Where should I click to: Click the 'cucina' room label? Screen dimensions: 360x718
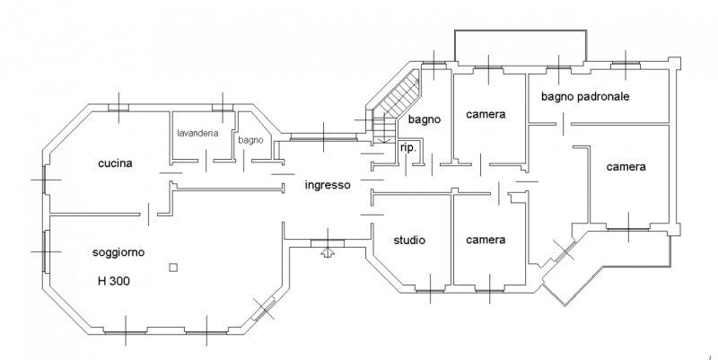click(x=116, y=163)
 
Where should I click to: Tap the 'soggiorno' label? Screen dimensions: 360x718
click(x=119, y=253)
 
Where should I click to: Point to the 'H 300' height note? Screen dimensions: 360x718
click(x=114, y=281)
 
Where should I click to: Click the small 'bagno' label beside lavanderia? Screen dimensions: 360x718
click(x=250, y=140)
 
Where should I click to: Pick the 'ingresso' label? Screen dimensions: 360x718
click(x=328, y=186)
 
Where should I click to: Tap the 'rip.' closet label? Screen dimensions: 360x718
click(x=407, y=146)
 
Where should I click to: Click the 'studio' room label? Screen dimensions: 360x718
click(x=409, y=240)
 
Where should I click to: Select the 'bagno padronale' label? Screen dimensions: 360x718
click(x=585, y=96)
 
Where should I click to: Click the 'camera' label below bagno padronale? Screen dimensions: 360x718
click(x=626, y=167)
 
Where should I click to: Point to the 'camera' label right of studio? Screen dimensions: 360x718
click(x=486, y=240)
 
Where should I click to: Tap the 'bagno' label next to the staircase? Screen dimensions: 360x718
click(x=423, y=119)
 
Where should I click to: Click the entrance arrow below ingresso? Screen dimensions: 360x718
click(x=328, y=251)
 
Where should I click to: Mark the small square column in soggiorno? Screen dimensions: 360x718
click(x=173, y=267)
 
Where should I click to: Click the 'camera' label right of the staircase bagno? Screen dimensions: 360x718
click(x=486, y=115)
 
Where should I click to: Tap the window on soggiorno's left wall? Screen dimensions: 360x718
click(x=44, y=251)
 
